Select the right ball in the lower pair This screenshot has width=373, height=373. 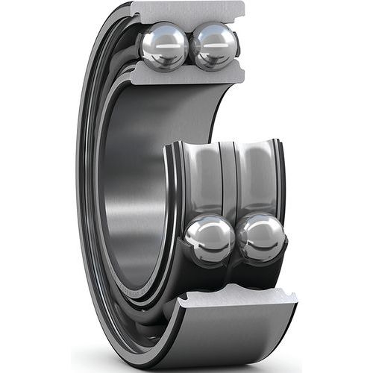click(261, 238)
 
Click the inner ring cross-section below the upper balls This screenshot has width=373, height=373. click(186, 73)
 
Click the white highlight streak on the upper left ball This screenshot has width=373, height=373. click(166, 41)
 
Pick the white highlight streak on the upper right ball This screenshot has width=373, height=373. click(215, 42)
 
